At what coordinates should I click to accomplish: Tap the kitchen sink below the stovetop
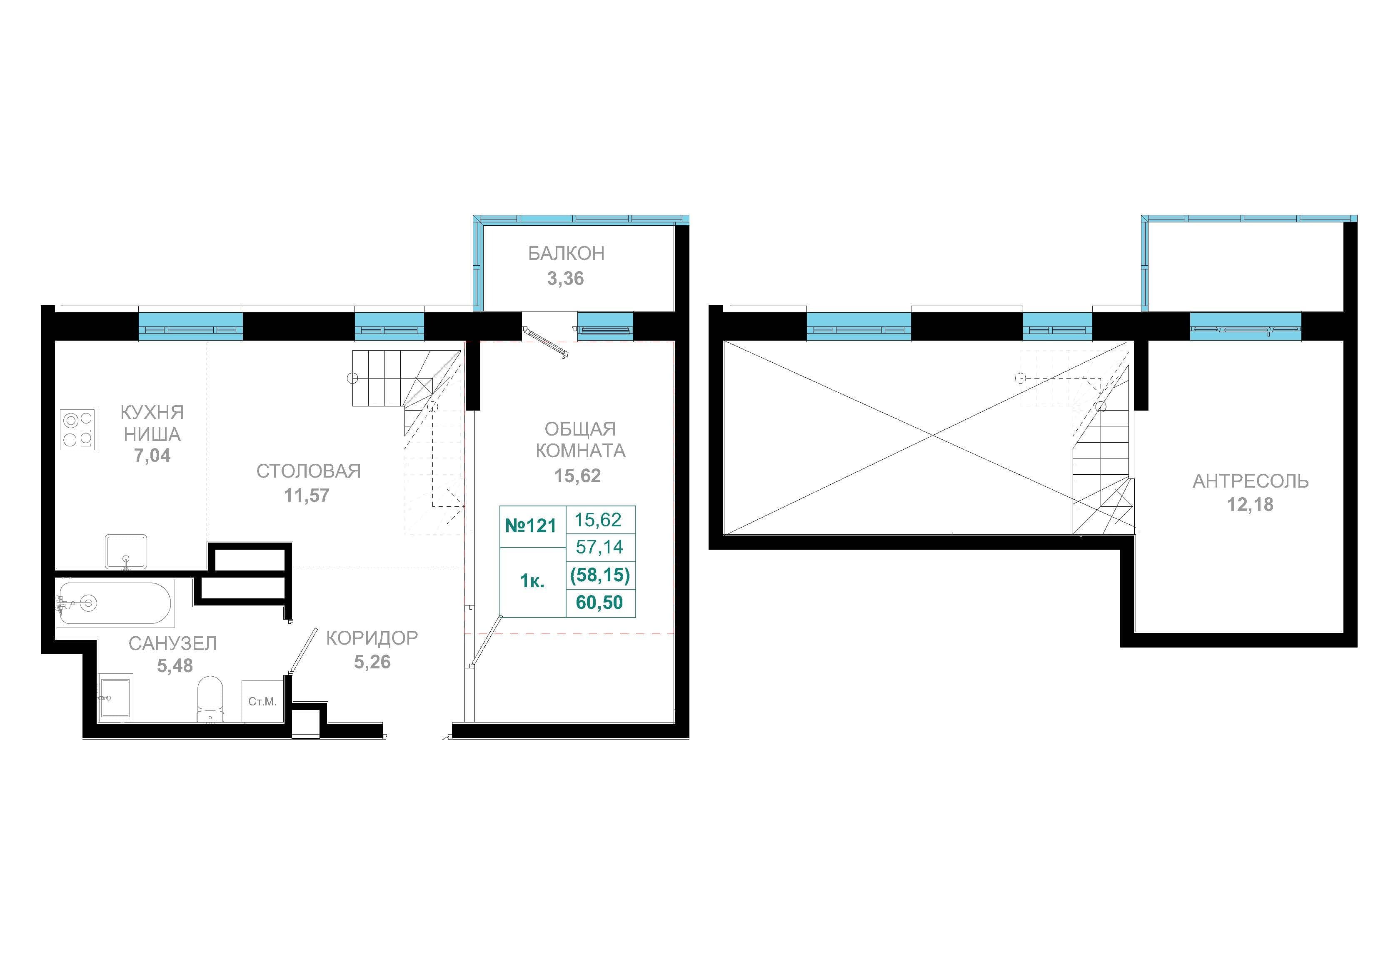pos(126,551)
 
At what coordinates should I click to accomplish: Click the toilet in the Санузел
pos(210,699)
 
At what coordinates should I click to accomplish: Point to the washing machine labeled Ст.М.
pos(262,701)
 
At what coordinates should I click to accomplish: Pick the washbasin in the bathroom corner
pos(116,698)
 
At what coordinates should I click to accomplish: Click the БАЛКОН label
pos(566,254)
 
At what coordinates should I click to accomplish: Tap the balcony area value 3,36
pos(565,279)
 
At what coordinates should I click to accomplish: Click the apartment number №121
pos(531,526)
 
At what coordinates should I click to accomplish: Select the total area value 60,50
pos(599,602)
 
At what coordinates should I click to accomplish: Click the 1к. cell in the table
pos(532,581)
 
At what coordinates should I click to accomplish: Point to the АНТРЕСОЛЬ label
pos(1251,481)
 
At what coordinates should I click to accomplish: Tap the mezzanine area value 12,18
pos(1250,505)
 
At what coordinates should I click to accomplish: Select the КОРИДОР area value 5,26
pos(372,662)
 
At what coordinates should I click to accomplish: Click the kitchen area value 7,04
pos(152,456)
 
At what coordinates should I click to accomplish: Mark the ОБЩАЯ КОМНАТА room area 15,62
pos(577,476)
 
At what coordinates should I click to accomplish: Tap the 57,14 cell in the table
pos(599,547)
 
